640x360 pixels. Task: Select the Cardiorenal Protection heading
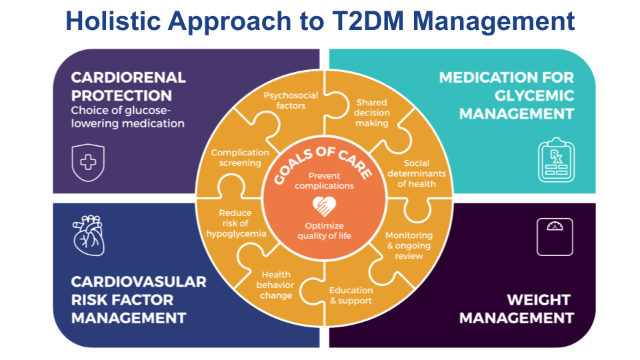click(128, 86)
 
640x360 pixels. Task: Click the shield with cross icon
click(88, 161)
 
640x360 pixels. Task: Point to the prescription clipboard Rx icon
click(555, 161)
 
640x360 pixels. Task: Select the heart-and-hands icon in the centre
click(325, 205)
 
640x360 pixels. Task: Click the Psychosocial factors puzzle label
click(291, 100)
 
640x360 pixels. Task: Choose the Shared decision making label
click(371, 113)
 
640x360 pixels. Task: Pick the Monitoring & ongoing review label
click(409, 245)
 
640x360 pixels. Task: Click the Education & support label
click(351, 295)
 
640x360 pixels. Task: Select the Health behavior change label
click(276, 285)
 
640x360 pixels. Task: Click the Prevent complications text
click(325, 181)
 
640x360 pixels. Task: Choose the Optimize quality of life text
click(324, 231)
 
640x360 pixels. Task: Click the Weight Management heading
click(517, 309)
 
